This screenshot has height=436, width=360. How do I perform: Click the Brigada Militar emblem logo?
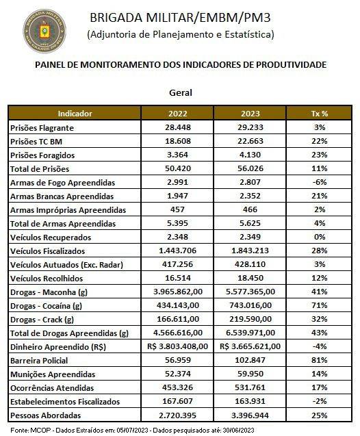(44, 31)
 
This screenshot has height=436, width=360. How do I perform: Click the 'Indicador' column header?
(75, 114)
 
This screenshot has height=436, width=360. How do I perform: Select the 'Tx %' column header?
(320, 114)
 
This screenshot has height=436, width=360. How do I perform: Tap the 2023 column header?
(250, 114)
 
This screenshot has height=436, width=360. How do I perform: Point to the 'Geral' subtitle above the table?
(181, 92)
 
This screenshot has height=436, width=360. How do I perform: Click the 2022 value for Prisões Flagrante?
(178, 127)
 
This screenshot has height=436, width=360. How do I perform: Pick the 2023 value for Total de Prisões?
(250, 168)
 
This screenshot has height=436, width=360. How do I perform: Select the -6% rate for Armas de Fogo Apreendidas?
(320, 182)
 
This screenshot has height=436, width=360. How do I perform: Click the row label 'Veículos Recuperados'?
(51, 238)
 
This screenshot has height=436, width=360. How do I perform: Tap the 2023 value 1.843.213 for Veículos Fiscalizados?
(250, 251)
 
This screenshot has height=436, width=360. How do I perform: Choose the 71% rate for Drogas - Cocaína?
(320, 305)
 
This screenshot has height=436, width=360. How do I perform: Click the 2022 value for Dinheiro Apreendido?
(178, 346)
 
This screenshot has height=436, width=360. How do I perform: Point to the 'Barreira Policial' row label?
(39, 361)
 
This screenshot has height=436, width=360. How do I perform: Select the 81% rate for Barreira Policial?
(320, 360)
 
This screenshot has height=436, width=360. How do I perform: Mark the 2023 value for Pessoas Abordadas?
(250, 415)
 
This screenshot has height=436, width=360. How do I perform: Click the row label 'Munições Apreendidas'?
(53, 374)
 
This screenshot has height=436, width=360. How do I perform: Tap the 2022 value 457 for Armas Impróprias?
(177, 209)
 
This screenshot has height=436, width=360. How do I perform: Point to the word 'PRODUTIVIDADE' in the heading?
(291, 64)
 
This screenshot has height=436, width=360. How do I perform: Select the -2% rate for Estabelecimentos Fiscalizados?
(320, 401)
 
